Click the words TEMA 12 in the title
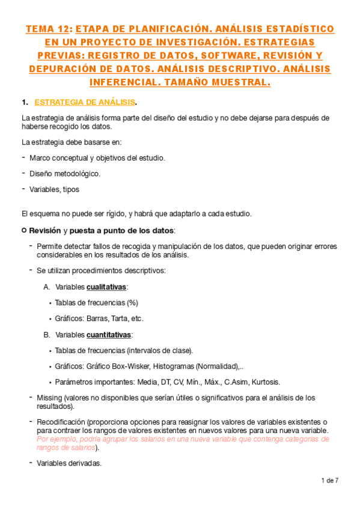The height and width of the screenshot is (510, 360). [47, 29]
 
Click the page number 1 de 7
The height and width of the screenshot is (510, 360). [330, 480]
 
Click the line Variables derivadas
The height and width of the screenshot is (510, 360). [69, 463]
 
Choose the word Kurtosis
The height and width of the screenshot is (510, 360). [264, 382]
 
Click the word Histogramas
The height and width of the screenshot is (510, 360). [172, 366]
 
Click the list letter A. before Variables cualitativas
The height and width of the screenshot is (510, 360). [47, 287]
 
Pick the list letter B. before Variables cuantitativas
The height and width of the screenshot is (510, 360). [47, 334]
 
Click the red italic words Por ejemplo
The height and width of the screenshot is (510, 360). [55, 439]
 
